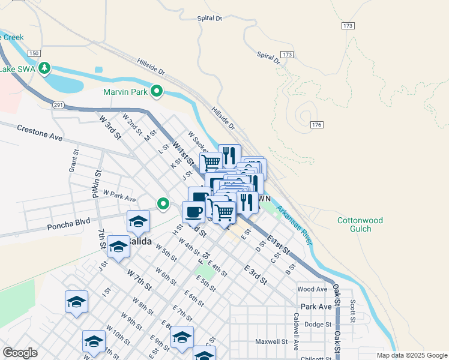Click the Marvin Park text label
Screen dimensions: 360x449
pos(125,92)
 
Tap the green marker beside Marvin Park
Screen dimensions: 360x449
pos(157,91)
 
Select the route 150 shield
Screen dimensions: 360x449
pos(34,54)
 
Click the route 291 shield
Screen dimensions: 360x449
pos(58,104)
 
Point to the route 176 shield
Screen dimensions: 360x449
pos(317,124)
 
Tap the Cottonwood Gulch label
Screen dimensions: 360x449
pos(358,224)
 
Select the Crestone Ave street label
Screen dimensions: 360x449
pos(40,133)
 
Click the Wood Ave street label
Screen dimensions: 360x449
pos(312,289)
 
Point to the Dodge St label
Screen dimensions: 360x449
pos(318,324)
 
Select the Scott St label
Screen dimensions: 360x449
pos(353,310)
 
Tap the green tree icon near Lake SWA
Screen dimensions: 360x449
pos(44,69)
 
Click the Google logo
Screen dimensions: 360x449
pos(20,352)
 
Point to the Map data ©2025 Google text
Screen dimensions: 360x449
pos(411,355)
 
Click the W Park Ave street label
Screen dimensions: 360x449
pos(119,196)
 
